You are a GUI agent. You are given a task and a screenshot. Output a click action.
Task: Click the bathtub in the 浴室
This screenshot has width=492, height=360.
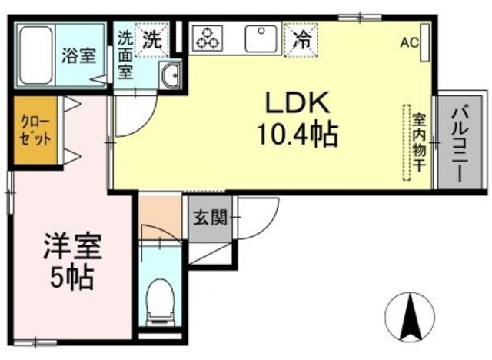[x=36, y=55]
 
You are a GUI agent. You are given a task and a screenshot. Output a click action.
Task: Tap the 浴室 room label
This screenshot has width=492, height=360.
[x=78, y=55]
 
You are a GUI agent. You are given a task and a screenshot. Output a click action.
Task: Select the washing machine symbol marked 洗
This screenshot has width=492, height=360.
[x=152, y=40]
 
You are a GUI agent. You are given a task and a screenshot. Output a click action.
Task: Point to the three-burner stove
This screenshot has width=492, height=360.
[x=207, y=38]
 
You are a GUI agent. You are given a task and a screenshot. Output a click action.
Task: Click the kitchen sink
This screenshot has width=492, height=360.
[x=261, y=38]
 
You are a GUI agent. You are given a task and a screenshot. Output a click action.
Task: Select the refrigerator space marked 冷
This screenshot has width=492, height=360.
[x=301, y=40]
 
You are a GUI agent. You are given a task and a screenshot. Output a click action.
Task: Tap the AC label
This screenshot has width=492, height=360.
[x=409, y=42]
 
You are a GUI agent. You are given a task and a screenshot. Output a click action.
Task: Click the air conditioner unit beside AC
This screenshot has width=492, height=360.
[x=424, y=42]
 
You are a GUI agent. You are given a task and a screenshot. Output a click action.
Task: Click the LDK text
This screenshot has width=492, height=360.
[x=298, y=102]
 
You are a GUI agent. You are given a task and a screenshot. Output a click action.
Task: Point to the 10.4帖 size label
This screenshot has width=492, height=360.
[x=298, y=135]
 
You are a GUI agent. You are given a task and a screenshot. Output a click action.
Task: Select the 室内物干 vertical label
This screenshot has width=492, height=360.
[x=419, y=142]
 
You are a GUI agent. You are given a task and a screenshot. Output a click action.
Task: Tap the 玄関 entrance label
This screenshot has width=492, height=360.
[x=210, y=218]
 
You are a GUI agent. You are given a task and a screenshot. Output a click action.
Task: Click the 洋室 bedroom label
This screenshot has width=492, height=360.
[x=72, y=247]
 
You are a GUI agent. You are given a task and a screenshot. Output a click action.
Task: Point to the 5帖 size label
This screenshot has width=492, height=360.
[x=72, y=278]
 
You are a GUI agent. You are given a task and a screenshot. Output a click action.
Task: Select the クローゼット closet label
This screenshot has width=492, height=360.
[x=35, y=131]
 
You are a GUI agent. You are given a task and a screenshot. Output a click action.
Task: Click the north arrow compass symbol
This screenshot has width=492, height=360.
[x=410, y=317]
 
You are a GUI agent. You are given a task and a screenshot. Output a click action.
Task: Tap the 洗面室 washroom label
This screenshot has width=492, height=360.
[x=125, y=55]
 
